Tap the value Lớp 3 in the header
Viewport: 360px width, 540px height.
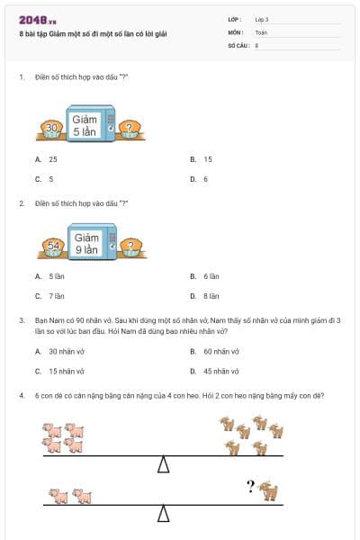262,19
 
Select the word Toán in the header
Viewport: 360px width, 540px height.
261,31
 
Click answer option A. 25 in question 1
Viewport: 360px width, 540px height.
47,159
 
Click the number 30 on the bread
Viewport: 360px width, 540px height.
51,129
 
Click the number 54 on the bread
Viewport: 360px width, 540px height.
52,245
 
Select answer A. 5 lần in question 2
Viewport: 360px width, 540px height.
51,276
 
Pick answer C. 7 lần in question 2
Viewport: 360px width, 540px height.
51,296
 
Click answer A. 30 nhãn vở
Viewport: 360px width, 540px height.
59,352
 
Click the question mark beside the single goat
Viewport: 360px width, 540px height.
251,487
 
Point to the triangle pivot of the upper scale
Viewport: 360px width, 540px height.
164,464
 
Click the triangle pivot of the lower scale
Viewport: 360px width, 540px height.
164,514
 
